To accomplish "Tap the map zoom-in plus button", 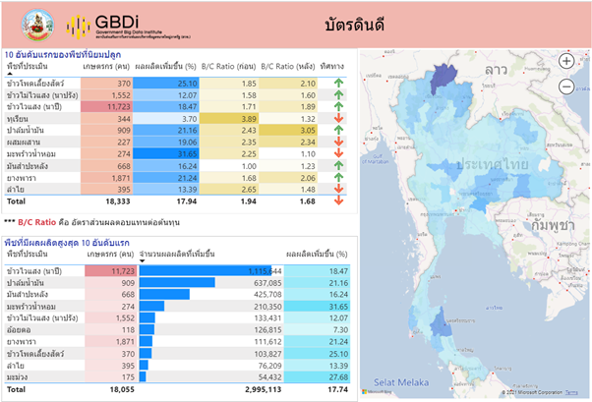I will (x=566, y=61).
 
